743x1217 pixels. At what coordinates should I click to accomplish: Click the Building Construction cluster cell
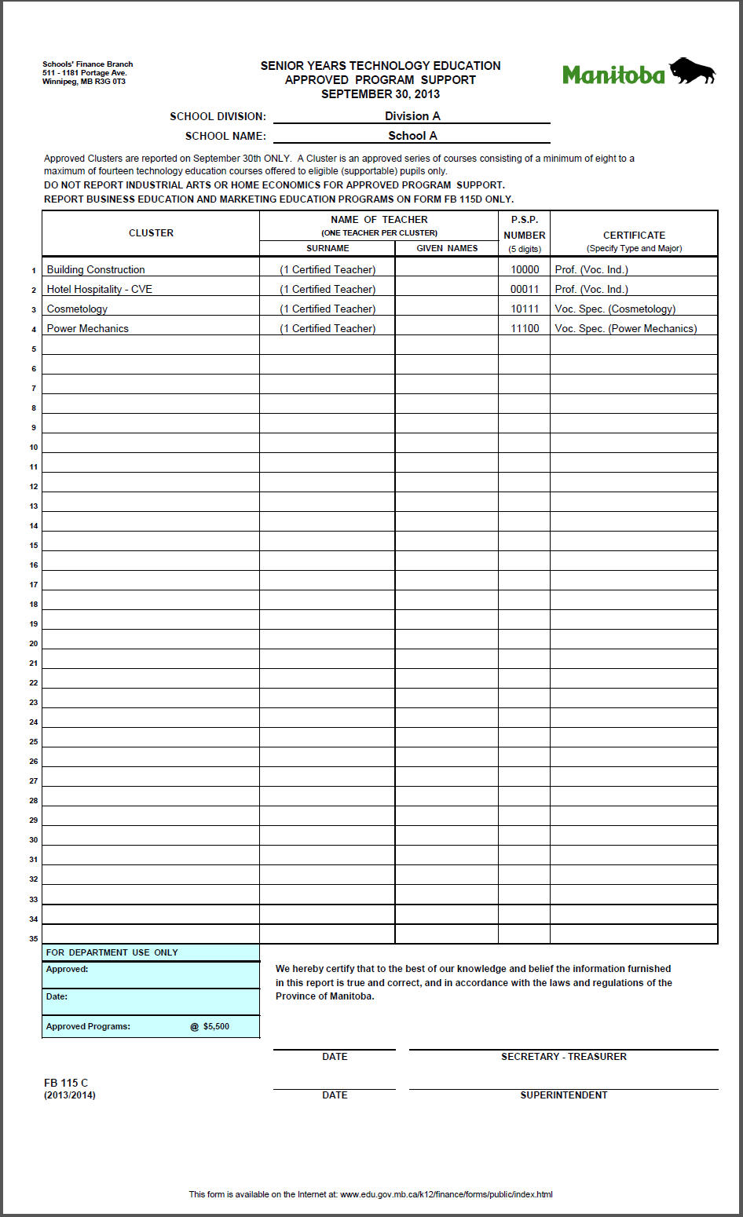click(x=96, y=269)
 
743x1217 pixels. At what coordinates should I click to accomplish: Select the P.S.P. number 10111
click(x=525, y=309)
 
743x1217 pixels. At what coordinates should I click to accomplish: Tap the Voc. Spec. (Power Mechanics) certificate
click(x=625, y=328)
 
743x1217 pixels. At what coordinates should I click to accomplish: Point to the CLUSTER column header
click(x=151, y=233)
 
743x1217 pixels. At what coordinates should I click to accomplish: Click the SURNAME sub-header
click(x=328, y=248)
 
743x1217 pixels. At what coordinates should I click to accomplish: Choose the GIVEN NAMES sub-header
click(x=447, y=248)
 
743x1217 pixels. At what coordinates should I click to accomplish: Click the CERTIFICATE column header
click(x=634, y=235)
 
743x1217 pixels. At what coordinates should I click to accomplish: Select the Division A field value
click(x=412, y=116)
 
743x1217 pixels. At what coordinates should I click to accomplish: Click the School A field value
click(x=412, y=136)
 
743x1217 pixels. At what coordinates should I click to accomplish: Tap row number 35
click(x=34, y=938)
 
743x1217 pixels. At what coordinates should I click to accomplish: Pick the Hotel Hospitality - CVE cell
click(x=100, y=289)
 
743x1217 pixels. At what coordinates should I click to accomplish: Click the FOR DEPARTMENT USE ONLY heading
click(x=112, y=952)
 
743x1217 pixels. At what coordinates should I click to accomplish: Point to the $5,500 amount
click(x=216, y=1026)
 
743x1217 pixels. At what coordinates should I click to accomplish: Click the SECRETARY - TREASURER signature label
click(x=564, y=1057)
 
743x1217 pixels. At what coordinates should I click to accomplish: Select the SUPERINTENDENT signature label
click(x=564, y=1095)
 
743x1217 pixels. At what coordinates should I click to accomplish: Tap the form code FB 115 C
click(x=66, y=1083)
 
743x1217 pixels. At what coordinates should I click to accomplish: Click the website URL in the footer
click(x=446, y=1194)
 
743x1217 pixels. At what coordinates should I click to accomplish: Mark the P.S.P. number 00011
click(x=525, y=289)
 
